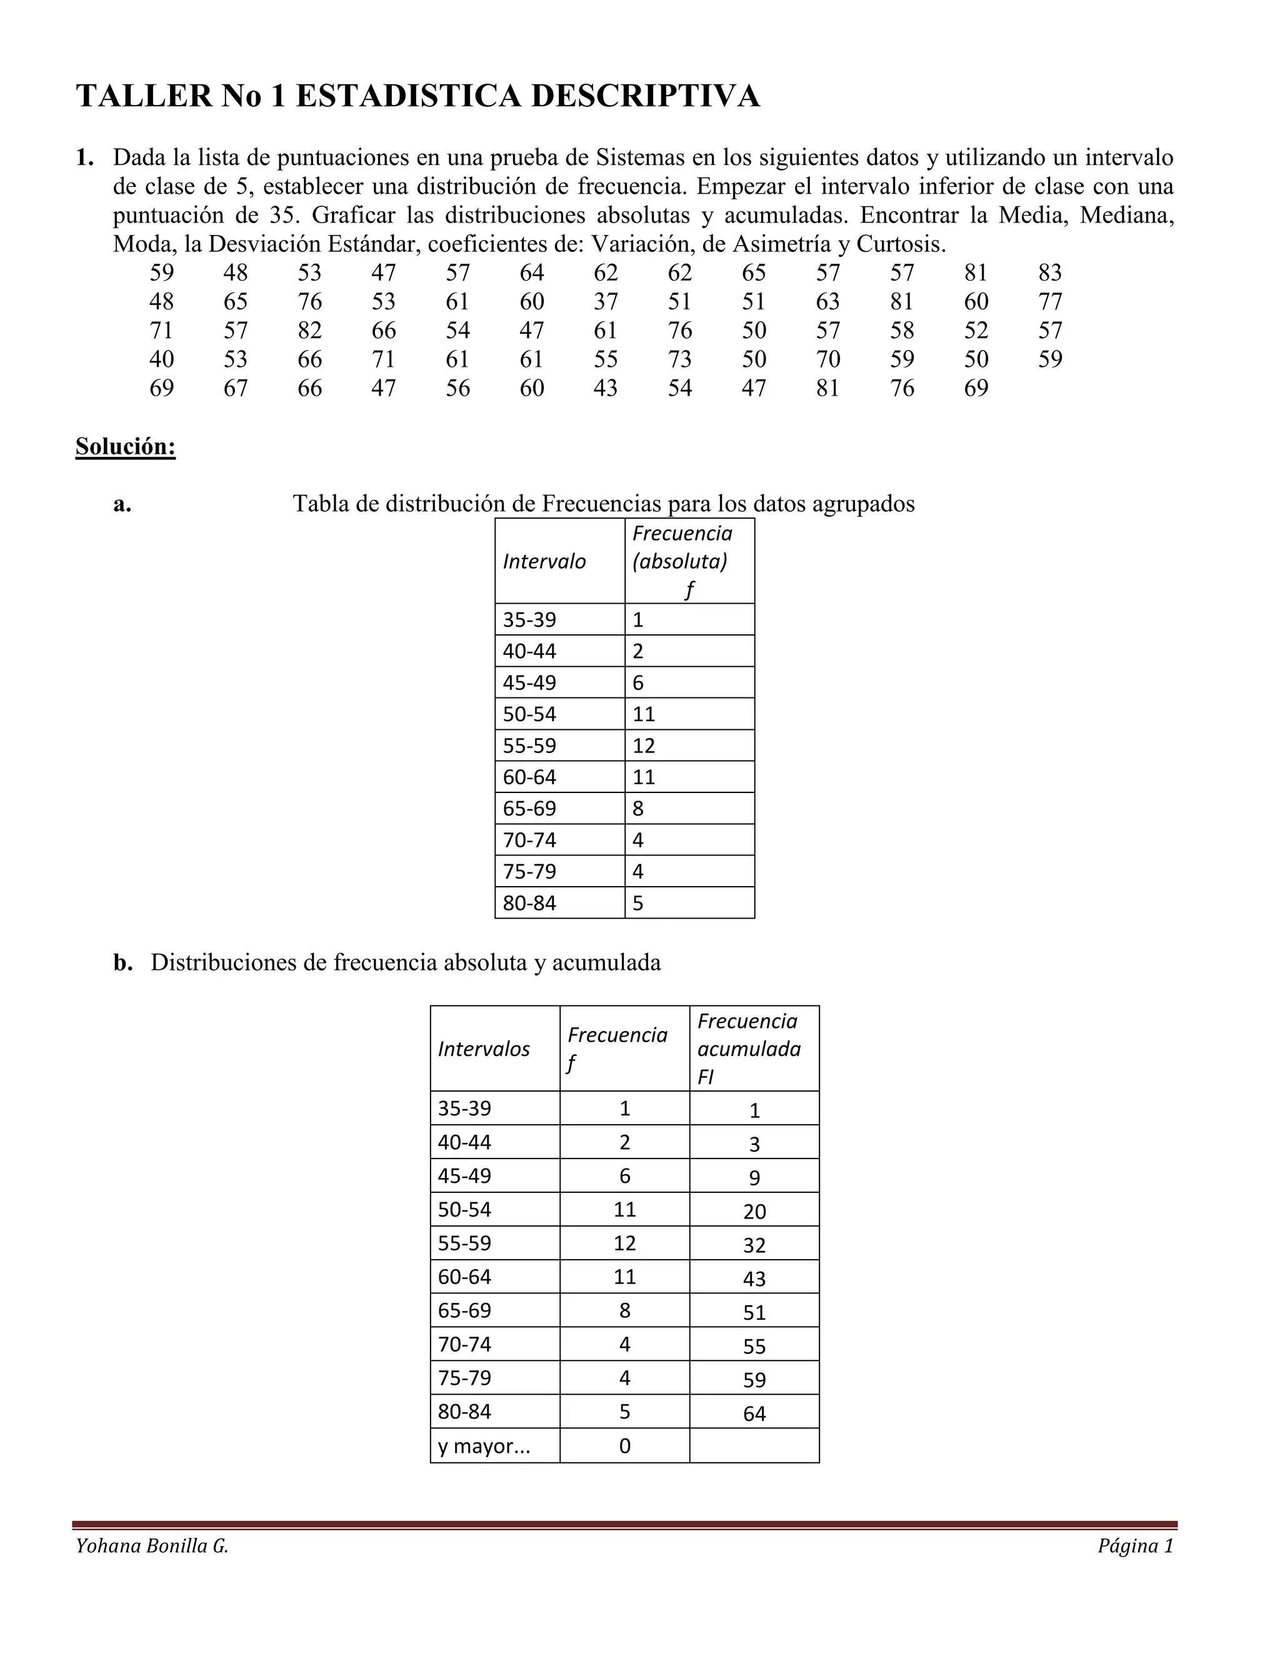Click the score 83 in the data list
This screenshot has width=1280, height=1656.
pyautogui.click(x=1049, y=273)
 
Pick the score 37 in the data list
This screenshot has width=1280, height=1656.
pyautogui.click(x=605, y=302)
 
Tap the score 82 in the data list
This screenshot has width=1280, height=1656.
pyautogui.click(x=309, y=331)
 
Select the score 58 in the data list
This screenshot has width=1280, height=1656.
pyautogui.click(x=902, y=331)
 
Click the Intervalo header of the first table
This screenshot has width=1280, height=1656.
pyautogui.click(x=544, y=561)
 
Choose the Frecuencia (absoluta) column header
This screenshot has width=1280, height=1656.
pyautogui.click(x=682, y=561)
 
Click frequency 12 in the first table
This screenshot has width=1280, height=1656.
pyautogui.click(x=643, y=746)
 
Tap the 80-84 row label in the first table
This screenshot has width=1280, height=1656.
pyautogui.click(x=529, y=903)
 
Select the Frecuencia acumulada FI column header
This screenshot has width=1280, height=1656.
pyautogui.click(x=747, y=1049)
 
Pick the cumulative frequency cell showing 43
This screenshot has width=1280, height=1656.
pyautogui.click(x=754, y=1279)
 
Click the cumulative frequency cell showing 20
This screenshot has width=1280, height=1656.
pyautogui.click(x=754, y=1212)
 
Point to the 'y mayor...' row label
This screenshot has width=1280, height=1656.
pyautogui.click(x=483, y=1446)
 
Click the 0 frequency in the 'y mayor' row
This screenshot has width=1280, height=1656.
pyautogui.click(x=624, y=1446)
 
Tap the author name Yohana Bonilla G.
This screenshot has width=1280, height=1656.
pyautogui.click(x=152, y=1546)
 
